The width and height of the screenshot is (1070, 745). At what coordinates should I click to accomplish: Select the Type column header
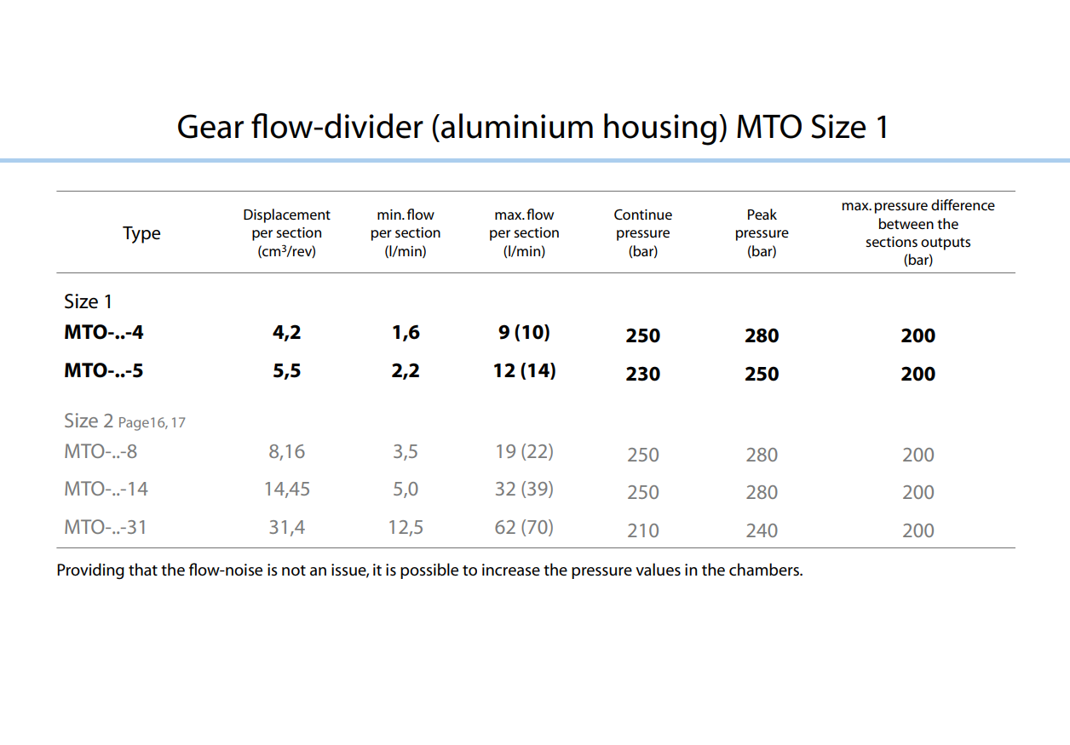pyautogui.click(x=141, y=233)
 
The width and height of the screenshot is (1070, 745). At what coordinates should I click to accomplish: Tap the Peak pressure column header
pyautogui.click(x=762, y=233)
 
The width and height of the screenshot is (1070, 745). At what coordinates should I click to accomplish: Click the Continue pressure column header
pyautogui.click(x=643, y=233)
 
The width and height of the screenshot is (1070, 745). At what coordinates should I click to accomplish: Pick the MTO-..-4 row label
pyautogui.click(x=104, y=332)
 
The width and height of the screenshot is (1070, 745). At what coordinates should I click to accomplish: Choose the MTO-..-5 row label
pyautogui.click(x=104, y=370)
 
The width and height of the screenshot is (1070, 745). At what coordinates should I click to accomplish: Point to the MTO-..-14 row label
pyautogui.click(x=106, y=490)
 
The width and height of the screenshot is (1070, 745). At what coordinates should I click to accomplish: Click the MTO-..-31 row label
pyautogui.click(x=106, y=528)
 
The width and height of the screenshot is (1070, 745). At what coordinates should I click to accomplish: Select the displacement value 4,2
pyautogui.click(x=287, y=332)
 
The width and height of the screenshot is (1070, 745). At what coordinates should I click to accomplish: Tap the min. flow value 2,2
pyautogui.click(x=406, y=370)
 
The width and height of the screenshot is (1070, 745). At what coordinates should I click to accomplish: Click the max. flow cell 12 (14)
pyautogui.click(x=525, y=370)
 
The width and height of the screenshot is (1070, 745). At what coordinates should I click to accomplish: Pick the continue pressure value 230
pyautogui.click(x=643, y=374)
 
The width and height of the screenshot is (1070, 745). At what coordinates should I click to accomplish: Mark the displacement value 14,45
pyautogui.click(x=287, y=490)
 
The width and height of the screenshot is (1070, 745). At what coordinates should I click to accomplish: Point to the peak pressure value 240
pyautogui.click(x=762, y=530)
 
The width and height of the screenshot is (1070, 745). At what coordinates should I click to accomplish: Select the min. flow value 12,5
pyautogui.click(x=406, y=528)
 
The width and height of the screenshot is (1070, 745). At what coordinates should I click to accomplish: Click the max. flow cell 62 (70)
pyautogui.click(x=525, y=528)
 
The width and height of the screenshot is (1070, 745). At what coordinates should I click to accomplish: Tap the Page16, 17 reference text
pyautogui.click(x=152, y=422)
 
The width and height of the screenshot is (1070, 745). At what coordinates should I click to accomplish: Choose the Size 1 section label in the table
pyautogui.click(x=88, y=301)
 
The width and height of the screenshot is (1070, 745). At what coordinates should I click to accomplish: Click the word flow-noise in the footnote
pyautogui.click(x=225, y=570)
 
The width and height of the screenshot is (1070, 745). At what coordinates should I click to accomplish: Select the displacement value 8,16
pyautogui.click(x=287, y=451)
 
